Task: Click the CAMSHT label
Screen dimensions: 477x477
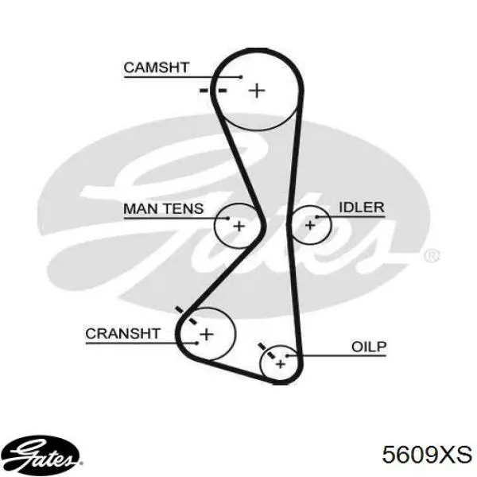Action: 157,68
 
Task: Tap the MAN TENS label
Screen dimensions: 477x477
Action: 163,208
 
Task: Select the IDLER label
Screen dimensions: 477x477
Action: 362,207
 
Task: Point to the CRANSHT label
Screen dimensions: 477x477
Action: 122,334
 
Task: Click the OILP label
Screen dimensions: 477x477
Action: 369,347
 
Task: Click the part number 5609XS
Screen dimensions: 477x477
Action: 427,455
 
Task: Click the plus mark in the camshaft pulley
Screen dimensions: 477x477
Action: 257,91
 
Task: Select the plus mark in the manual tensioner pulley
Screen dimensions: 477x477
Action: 238,226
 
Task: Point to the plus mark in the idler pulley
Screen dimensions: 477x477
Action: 310,225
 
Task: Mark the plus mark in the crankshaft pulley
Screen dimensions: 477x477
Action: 207,335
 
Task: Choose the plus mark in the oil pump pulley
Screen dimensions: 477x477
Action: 280,364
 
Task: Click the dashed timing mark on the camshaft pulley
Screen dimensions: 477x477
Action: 213,91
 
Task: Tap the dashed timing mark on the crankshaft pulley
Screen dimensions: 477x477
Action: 186,315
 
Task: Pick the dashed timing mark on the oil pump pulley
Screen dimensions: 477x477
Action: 266,351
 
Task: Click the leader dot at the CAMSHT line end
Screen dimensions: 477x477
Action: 241,77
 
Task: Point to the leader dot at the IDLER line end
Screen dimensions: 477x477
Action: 316,217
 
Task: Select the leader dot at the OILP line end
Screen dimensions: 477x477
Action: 286,355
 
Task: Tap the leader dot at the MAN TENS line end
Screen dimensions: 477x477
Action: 228,218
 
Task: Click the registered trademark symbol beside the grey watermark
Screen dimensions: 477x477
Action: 432,255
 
